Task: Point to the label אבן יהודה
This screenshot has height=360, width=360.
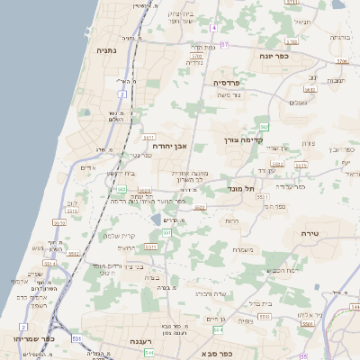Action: point(169,145)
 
